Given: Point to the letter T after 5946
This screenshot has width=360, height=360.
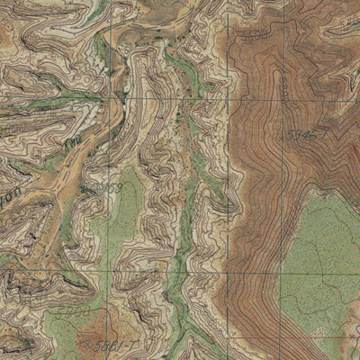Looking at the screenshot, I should pyautogui.click(x=319, y=132).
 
